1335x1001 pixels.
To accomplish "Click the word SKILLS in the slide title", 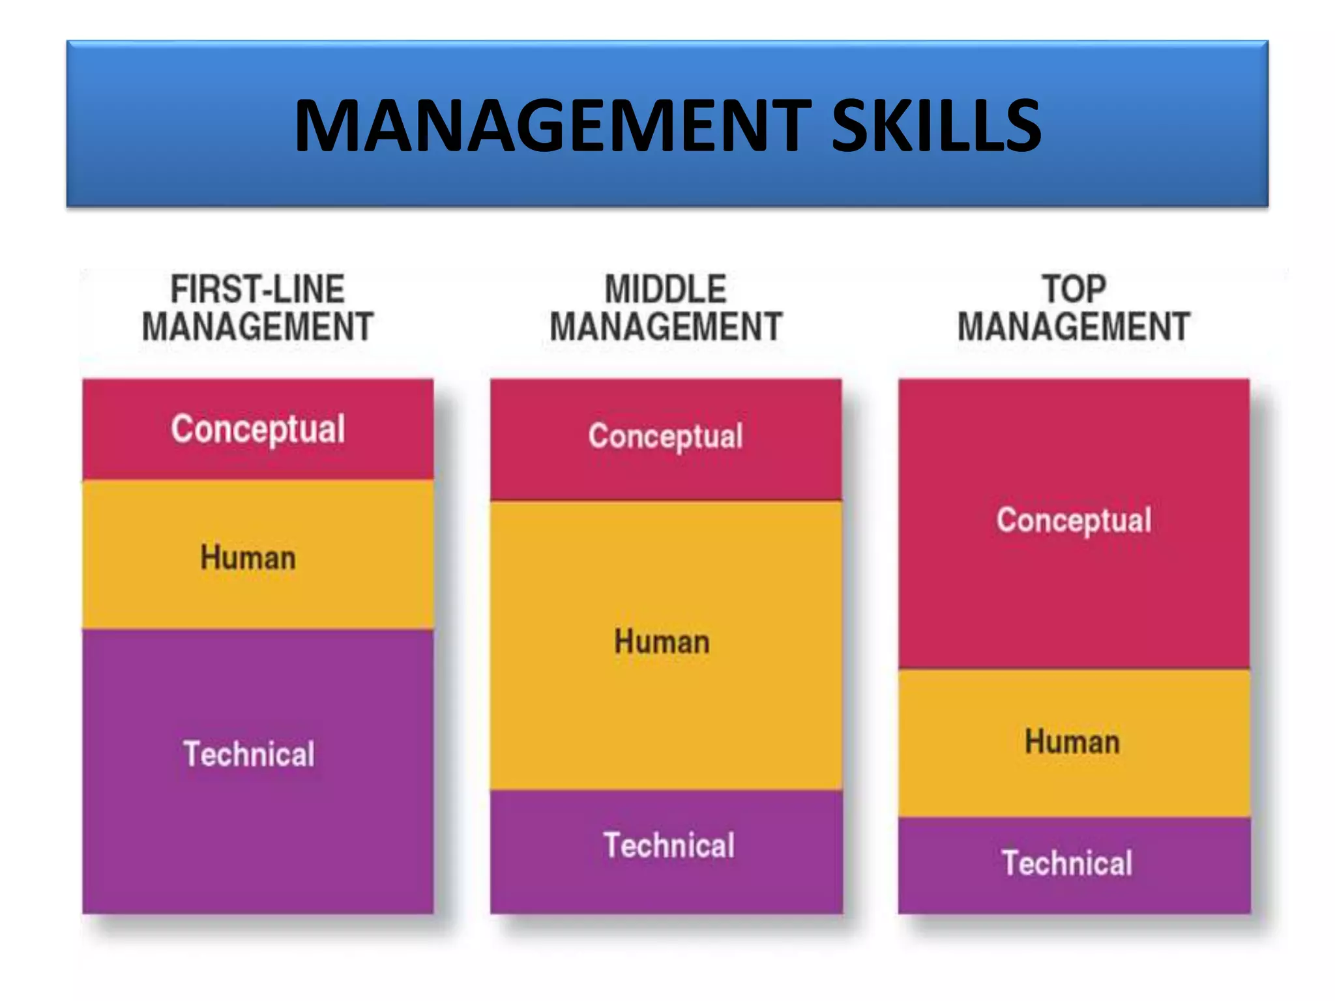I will [937, 126].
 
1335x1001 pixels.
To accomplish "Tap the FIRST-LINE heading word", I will [257, 289].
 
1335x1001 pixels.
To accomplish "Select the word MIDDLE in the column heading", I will [666, 289].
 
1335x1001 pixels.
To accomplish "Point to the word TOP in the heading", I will [1074, 289].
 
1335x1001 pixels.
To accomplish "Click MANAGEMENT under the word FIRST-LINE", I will [257, 327].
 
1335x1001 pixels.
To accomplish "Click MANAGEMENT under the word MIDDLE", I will [666, 327].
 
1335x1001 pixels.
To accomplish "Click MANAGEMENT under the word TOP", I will [1074, 327].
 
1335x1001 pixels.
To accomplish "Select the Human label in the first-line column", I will [248, 558].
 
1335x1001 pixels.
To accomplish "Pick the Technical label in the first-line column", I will [248, 755].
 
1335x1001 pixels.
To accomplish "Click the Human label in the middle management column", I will [662, 642].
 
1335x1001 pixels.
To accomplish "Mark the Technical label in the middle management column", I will [669, 846].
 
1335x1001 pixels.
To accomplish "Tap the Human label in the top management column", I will [1072, 742].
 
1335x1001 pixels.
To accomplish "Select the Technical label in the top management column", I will [1067, 863].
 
